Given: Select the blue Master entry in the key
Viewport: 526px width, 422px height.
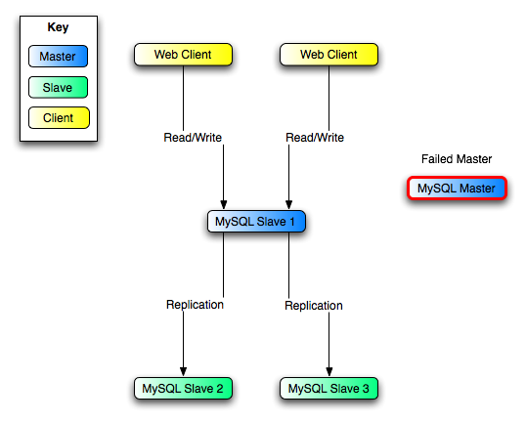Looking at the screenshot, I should point(59,57).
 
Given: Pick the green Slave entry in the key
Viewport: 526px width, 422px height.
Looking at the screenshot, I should point(59,88).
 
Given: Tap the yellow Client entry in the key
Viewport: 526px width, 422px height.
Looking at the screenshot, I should point(59,119).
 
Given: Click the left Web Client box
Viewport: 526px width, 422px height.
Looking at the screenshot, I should point(183,55).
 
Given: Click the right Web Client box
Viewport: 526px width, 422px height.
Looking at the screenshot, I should point(329,55).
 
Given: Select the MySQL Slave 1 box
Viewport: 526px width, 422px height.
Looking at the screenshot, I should point(257,222).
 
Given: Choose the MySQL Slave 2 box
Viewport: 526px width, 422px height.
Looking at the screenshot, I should point(183,389).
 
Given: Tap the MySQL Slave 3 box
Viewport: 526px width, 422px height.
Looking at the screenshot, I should point(329,389).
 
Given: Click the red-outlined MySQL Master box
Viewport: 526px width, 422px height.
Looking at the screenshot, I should point(457,188).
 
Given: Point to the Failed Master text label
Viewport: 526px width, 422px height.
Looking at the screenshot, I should point(457,158).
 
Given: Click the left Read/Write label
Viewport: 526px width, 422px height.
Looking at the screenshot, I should point(194,138).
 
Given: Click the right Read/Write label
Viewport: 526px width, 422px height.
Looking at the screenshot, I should point(316,138).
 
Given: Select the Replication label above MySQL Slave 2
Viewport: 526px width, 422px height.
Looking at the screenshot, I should point(195,305).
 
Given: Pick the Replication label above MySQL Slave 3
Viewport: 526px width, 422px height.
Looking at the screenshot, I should point(314,306).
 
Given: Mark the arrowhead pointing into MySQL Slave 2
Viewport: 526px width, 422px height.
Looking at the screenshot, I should point(183,371).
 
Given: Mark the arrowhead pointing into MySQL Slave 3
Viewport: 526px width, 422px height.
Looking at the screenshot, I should point(329,371).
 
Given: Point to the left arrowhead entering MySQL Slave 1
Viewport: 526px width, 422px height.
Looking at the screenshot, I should point(225,204).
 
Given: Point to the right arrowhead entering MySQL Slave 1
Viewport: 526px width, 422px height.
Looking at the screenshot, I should point(288,204).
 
